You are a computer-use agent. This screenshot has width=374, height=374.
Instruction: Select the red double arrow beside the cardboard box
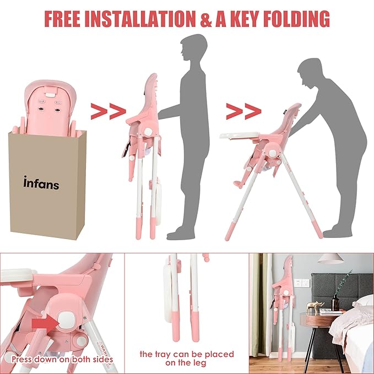[108, 111]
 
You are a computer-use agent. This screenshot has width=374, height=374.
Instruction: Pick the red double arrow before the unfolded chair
[243, 111]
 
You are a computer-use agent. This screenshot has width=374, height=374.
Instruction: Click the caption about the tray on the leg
[186, 358]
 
